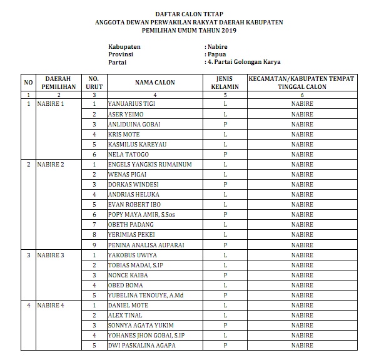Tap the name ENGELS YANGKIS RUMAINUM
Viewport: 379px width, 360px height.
pyautogui.click(x=149, y=165)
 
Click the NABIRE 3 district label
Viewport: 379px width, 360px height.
pyautogui.click(x=51, y=255)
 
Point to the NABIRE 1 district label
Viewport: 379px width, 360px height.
pyautogui.click(x=51, y=104)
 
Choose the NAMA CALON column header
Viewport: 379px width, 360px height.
pyautogui.click(x=154, y=83)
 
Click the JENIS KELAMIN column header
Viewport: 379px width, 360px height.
pyautogui.click(x=225, y=83)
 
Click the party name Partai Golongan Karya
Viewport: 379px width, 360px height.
pyautogui.click(x=245, y=63)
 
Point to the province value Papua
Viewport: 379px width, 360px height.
pyautogui.click(x=216, y=54)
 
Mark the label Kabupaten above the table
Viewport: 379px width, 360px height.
pyautogui.click(x=124, y=46)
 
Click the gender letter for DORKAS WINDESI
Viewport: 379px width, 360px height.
pyautogui.click(x=225, y=185)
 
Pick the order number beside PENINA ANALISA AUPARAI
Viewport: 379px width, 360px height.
pyautogui.click(x=94, y=245)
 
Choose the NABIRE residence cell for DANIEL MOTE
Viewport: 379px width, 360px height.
pyautogui.click(x=302, y=306)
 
